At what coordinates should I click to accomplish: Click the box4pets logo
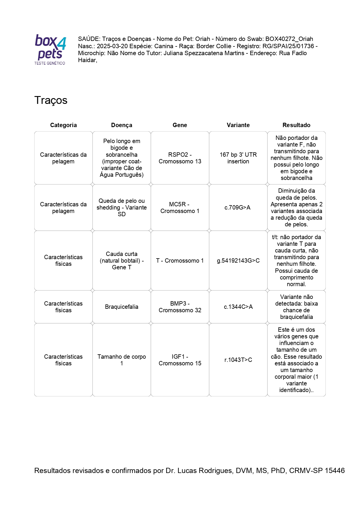pyautogui.click(x=50, y=49)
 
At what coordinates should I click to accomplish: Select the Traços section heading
pyautogui.click(x=51, y=100)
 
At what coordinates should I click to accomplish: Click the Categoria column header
pyautogui.click(x=63, y=125)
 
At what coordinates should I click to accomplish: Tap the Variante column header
pyautogui.click(x=238, y=125)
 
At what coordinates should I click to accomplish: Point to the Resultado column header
pyautogui.click(x=296, y=125)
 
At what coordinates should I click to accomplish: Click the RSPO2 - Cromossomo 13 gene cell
pyautogui.click(x=180, y=158)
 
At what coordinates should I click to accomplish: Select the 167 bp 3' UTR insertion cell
pyautogui.click(x=238, y=158)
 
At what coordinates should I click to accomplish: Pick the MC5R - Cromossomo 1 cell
pyautogui.click(x=180, y=207)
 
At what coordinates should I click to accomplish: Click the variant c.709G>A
pyautogui.click(x=237, y=207)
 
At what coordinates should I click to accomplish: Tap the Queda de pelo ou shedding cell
pyautogui.click(x=122, y=207)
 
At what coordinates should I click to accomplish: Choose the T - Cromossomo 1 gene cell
pyautogui.click(x=180, y=261)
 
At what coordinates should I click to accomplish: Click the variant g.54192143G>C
pyautogui.click(x=238, y=261)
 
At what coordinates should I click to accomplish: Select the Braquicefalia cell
pyautogui.click(x=122, y=307)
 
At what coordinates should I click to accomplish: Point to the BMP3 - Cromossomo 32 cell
pyautogui.click(x=180, y=307)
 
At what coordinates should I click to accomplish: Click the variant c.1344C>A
pyautogui.click(x=238, y=307)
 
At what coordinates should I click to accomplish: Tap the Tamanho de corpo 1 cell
pyautogui.click(x=122, y=360)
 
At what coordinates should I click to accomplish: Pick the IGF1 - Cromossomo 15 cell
pyautogui.click(x=180, y=360)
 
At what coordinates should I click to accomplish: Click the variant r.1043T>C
pyautogui.click(x=238, y=360)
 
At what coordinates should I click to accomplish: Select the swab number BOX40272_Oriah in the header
pyautogui.click(x=289, y=39)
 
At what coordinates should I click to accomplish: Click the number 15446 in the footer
pyautogui.click(x=334, y=470)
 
